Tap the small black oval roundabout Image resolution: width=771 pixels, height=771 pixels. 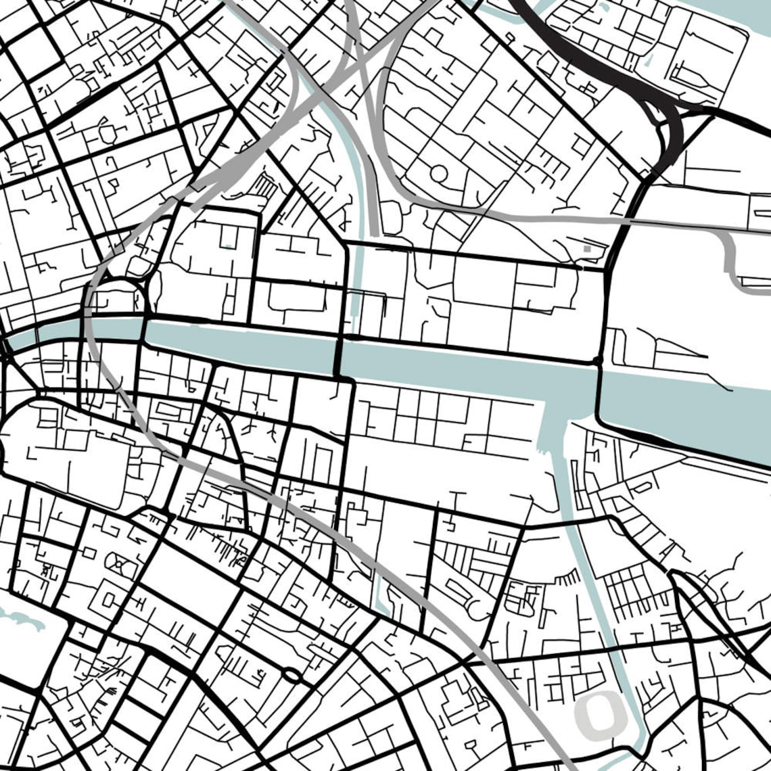pos(292,674)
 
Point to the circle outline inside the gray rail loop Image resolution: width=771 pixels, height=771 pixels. pos(438,173)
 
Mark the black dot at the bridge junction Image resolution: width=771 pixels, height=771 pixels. pos(597,360)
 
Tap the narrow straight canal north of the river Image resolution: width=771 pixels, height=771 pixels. pos(358,284)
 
